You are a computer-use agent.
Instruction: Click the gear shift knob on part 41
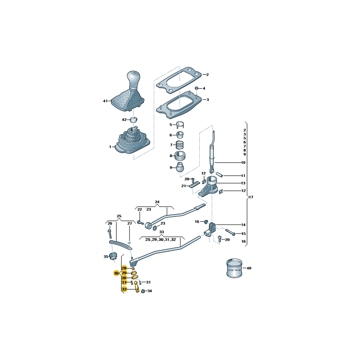pos(134,79)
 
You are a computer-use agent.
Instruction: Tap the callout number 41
pos(105,101)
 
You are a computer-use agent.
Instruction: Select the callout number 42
pos(124,120)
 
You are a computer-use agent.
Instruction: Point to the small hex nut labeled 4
pos(197,88)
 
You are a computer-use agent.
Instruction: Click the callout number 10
pos(243,162)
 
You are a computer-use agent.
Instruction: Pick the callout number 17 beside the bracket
pos(251,197)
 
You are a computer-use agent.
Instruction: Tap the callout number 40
pos(249,268)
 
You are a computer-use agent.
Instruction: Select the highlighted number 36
pos(116,273)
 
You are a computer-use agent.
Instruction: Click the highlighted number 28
pos(124,268)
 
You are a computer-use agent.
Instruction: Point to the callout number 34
pos(150,291)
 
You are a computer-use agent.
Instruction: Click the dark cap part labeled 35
pos(114,256)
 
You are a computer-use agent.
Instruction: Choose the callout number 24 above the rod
pos(157,202)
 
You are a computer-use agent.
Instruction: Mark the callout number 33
pos(162,232)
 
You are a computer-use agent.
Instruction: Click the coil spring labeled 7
pos(180,145)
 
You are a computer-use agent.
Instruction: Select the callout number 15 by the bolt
pos(243,234)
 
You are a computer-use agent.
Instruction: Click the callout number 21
pos(184,186)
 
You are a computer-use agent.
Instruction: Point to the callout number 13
pos(243,183)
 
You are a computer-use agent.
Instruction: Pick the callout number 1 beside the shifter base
pos(110,147)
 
